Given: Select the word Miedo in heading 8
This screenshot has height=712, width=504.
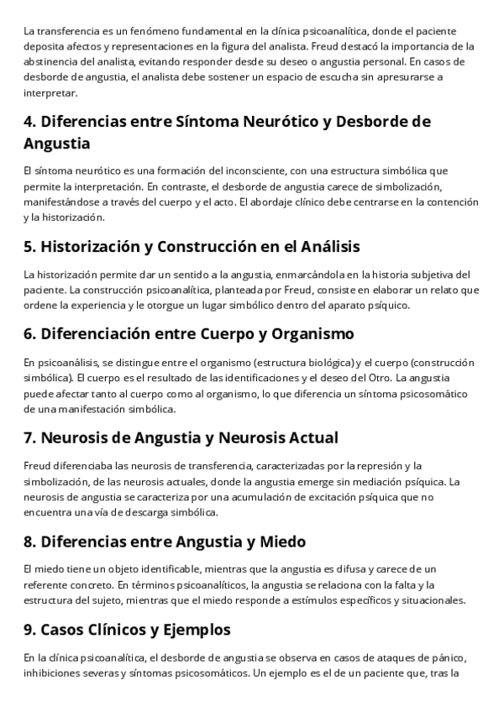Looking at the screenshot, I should coord(279,542).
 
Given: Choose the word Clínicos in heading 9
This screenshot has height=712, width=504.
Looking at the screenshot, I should coord(141,630).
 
